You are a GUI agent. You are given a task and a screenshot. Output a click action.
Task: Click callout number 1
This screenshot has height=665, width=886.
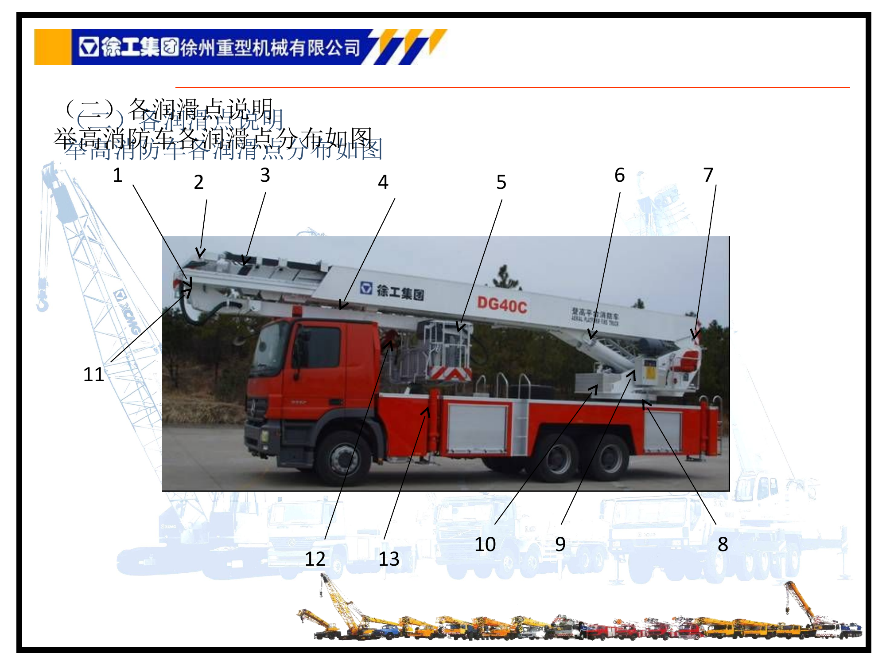117,176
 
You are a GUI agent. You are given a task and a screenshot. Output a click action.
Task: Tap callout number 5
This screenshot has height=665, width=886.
501,182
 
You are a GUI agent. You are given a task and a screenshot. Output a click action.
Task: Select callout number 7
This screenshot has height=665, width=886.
708,176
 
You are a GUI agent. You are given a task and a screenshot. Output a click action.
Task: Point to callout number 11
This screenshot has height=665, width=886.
94,375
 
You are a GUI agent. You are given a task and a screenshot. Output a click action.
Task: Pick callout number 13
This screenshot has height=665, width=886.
389,559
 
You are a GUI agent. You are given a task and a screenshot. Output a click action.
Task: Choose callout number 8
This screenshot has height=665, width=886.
723,544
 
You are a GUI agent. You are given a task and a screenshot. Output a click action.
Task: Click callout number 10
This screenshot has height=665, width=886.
485,544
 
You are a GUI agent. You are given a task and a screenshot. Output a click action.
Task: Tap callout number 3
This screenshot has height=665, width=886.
265,176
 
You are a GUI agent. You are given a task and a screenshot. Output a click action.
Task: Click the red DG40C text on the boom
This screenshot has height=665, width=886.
501,305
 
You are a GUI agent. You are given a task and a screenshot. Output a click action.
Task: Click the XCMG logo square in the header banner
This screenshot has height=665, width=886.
89,47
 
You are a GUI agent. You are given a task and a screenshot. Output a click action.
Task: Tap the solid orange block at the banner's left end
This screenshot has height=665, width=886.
52,47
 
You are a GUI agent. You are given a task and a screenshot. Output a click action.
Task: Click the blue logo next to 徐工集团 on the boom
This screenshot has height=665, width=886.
366,289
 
